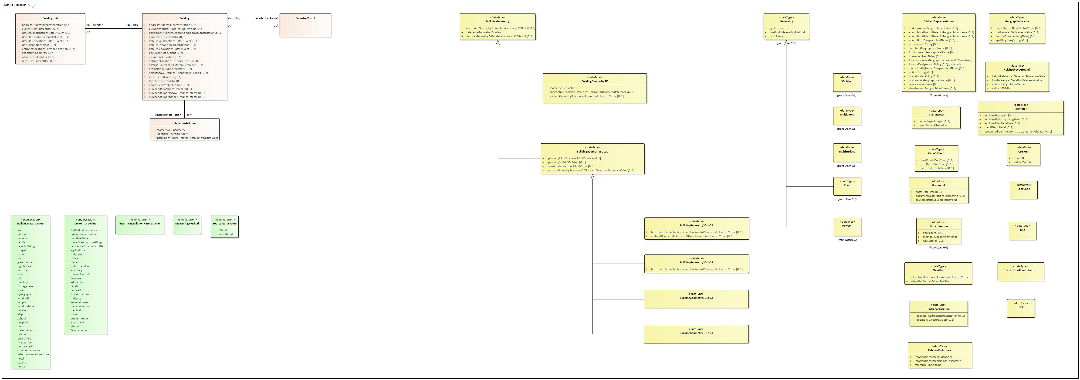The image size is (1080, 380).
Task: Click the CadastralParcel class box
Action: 305,25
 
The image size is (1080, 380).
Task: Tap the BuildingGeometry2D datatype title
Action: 595,81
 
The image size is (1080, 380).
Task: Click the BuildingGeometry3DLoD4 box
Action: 696,334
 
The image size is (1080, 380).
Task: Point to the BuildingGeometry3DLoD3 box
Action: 696,299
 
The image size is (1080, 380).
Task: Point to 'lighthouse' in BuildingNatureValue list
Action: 24,266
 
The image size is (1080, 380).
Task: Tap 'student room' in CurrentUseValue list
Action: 79,318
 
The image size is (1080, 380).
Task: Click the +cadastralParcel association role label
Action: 267,18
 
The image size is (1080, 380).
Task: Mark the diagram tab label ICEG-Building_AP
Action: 18,5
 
